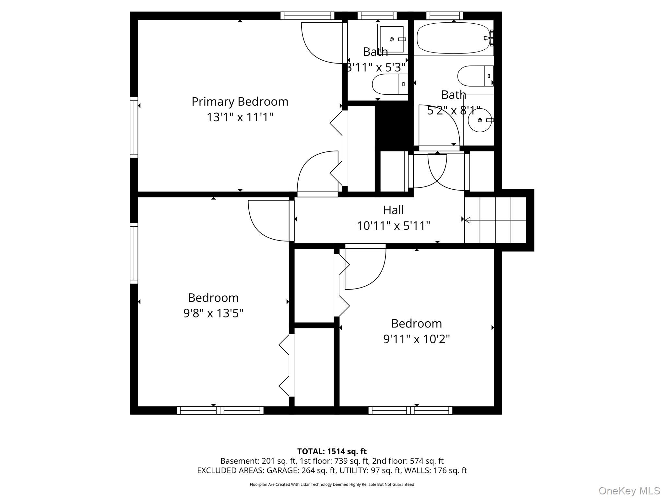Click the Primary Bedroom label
240,102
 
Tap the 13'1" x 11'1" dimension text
240,117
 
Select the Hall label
394,210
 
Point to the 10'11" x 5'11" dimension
394,225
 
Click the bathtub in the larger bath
453,38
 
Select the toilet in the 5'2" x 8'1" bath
475,76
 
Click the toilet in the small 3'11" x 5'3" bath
390,84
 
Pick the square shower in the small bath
392,39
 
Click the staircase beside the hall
495,220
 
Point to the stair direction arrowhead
468,220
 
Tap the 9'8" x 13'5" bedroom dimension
213,313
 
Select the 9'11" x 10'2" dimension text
417,339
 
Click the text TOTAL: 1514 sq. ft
332,451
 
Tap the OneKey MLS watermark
629,491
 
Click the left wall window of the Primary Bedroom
134,127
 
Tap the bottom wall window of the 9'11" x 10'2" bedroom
410,410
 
